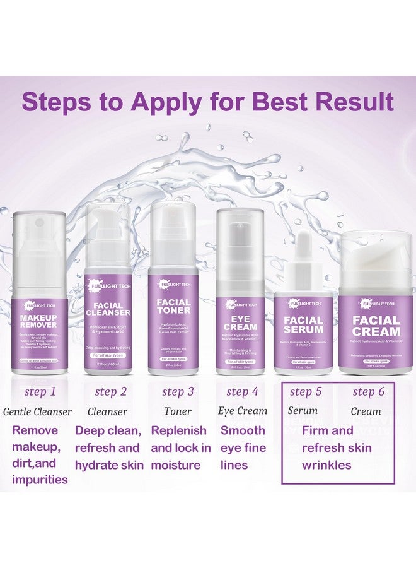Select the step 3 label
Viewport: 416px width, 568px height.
[178, 392]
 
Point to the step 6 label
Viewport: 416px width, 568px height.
[369, 392]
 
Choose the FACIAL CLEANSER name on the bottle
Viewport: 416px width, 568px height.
[108, 309]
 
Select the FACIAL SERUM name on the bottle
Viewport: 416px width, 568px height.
[304, 324]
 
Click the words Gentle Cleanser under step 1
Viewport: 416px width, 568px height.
[37, 411]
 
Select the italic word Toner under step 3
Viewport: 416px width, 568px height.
[178, 411]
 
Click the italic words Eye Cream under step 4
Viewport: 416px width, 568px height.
[243, 411]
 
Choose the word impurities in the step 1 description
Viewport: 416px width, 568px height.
[39, 479]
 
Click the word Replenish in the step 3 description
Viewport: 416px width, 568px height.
[178, 430]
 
